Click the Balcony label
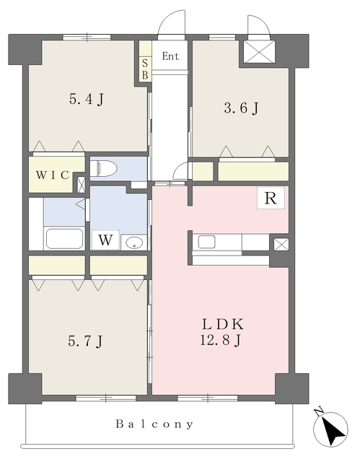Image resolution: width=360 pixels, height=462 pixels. [x=155, y=424]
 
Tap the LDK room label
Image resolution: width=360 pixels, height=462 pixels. [x=223, y=325]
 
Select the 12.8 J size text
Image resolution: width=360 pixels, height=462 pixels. [x=221, y=341]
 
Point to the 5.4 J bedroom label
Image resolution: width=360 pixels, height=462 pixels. [x=87, y=99]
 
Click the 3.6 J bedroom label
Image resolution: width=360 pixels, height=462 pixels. [x=242, y=108]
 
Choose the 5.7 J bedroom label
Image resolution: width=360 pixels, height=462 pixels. [x=85, y=341]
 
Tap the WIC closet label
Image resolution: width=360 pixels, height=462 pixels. [x=53, y=175]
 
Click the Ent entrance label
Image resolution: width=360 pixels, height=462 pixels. [x=170, y=56]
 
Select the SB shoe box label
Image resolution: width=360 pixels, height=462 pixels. [x=145, y=69]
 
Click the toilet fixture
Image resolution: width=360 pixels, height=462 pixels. [x=103, y=169]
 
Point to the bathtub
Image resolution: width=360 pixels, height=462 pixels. [x=64, y=239]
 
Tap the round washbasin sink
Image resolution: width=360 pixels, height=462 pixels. [x=134, y=243]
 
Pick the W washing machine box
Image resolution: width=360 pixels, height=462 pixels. [x=105, y=240]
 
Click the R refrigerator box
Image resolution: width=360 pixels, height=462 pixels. [x=271, y=199]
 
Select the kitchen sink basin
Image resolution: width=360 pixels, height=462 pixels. [x=206, y=243]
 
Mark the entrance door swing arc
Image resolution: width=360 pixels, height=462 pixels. [x=170, y=21]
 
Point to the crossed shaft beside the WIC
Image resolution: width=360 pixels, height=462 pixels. [x=82, y=185]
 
